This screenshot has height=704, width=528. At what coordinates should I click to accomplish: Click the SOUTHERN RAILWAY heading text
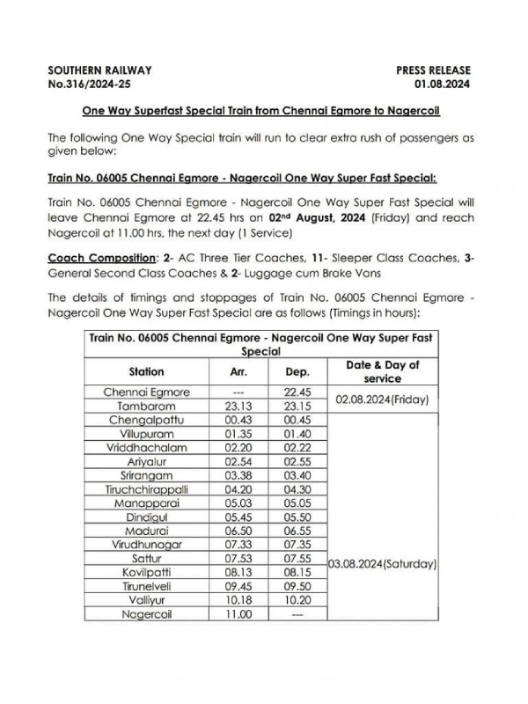tap(100, 70)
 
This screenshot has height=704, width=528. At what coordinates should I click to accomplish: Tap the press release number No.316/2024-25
tap(93, 85)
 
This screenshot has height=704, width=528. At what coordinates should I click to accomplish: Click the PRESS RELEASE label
tap(433, 70)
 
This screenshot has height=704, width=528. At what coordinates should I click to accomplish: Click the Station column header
tap(147, 371)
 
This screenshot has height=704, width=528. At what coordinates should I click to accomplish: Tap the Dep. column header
tap(296, 371)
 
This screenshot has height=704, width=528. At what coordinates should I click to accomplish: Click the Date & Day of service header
tap(383, 371)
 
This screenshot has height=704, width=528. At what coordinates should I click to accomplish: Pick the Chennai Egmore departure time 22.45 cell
tap(296, 392)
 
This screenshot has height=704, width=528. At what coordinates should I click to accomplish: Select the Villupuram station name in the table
tap(147, 433)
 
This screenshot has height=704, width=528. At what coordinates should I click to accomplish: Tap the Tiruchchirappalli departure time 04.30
tap(296, 488)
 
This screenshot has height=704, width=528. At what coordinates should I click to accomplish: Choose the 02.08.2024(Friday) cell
tap(383, 399)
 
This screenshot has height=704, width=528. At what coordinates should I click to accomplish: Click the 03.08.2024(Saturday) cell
tap(383, 563)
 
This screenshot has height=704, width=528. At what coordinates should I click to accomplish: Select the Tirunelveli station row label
tap(147, 586)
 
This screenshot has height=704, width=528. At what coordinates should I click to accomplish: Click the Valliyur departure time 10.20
tap(296, 599)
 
